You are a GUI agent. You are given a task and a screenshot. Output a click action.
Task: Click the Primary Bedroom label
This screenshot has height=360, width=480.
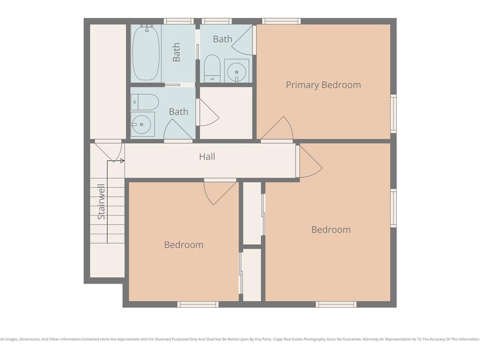323,85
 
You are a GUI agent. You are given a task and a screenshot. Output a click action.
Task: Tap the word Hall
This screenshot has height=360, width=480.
207,157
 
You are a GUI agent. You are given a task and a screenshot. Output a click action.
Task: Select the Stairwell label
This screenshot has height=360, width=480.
101,202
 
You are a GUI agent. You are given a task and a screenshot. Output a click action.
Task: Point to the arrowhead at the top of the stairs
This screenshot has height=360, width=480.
122,161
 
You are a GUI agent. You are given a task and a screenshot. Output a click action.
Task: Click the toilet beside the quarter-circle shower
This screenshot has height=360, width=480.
212,68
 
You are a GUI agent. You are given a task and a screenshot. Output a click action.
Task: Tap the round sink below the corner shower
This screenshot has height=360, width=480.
236,71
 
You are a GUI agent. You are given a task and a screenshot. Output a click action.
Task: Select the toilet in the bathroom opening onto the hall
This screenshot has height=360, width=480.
145,102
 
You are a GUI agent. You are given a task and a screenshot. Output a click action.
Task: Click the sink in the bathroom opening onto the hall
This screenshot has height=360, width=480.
142,124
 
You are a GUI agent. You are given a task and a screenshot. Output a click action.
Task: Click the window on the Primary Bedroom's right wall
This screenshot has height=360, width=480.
394,113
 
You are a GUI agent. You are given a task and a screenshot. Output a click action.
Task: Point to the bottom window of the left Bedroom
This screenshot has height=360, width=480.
198,304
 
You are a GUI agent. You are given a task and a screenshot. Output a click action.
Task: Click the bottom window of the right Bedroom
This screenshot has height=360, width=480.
336,304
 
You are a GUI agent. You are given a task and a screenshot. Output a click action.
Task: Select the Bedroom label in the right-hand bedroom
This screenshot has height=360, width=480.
331,230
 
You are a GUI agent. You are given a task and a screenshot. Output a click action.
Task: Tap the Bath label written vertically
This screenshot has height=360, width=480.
176,52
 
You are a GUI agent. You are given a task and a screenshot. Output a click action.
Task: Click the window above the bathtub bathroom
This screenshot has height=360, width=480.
179,21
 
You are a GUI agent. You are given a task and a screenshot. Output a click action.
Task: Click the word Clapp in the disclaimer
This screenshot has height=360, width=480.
278,339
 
